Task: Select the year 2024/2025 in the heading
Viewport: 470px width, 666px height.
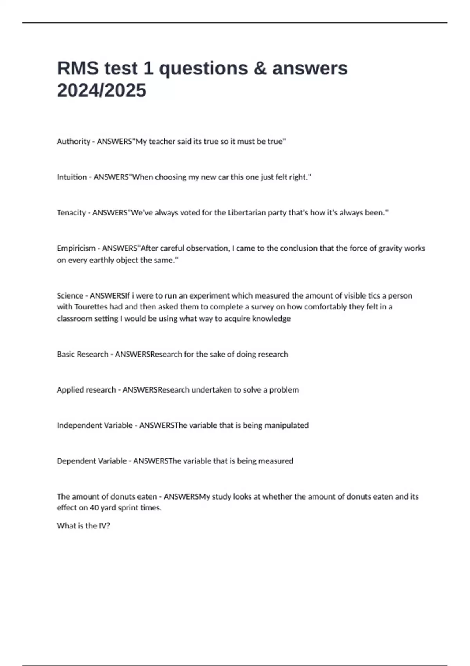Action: click(x=101, y=90)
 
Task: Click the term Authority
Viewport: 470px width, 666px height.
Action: click(x=73, y=141)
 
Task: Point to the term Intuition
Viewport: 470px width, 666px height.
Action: click(x=72, y=177)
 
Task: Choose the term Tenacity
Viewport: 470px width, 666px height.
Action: click(x=71, y=213)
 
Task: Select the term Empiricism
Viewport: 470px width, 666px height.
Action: click(x=76, y=248)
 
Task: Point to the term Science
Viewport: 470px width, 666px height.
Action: click(x=70, y=296)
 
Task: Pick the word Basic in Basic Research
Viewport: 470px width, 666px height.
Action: click(x=65, y=354)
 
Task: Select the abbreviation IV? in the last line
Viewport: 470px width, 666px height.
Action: click(x=104, y=526)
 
